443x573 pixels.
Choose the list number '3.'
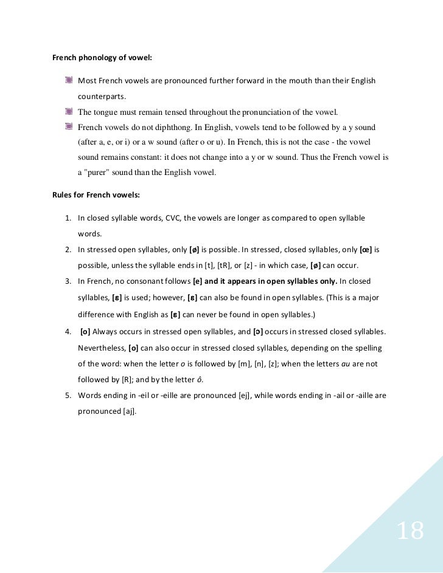click(68, 281)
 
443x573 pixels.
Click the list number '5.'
click(68, 396)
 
